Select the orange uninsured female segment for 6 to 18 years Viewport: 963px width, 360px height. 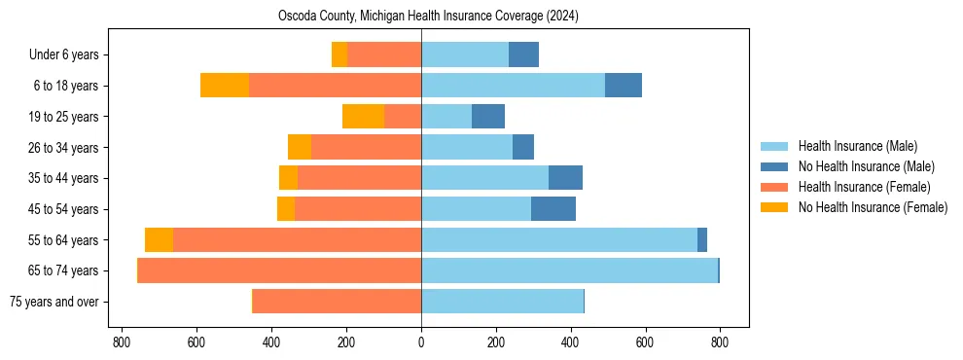225,86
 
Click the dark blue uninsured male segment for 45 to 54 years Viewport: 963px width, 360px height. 553,209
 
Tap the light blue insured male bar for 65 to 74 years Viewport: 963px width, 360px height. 569,270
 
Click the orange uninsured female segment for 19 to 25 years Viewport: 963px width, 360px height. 363,117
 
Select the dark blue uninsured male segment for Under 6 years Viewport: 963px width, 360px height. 523,55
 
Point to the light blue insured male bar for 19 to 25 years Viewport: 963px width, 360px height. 446,117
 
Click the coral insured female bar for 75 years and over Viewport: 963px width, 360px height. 337,302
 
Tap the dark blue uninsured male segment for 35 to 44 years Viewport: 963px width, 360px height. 565,178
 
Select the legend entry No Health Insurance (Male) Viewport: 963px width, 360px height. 866,166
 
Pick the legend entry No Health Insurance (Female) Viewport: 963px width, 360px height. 872,207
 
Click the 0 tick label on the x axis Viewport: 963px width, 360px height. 421,342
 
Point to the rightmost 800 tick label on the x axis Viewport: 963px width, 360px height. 720,342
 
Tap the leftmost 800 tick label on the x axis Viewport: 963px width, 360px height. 122,342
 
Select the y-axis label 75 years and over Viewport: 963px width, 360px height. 53,302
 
